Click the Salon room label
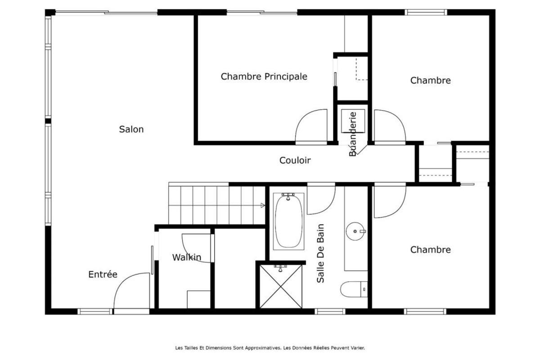click(x=131, y=130)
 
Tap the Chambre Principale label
click(x=264, y=76)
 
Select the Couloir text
click(x=295, y=160)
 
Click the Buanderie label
click(x=353, y=134)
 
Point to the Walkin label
click(x=186, y=257)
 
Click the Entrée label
click(x=103, y=274)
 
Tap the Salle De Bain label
click(x=321, y=253)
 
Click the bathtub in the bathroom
click(x=289, y=220)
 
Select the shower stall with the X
click(x=281, y=287)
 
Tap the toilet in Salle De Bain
click(x=354, y=289)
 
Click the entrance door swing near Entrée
click(x=130, y=292)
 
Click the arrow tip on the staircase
click(x=263, y=206)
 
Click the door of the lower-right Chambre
click(x=389, y=201)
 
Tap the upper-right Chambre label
click(x=430, y=81)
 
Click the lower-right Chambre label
click(x=430, y=250)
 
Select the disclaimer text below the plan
click(x=270, y=347)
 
